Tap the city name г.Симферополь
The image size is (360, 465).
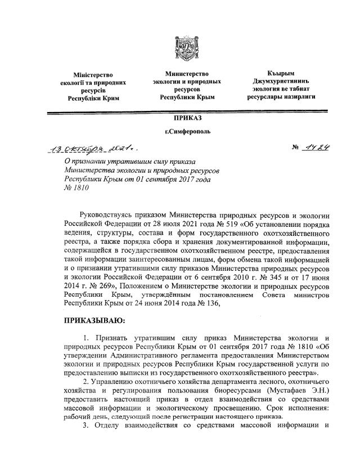(x=179, y=133)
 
